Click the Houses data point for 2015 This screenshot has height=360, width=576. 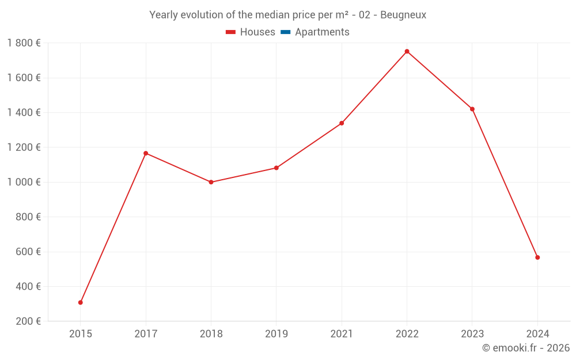pyautogui.click(x=81, y=302)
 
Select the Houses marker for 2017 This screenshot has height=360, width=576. pyautogui.click(x=146, y=153)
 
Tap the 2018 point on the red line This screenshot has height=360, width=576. pyautogui.click(x=211, y=182)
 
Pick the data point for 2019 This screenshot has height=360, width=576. pyautogui.click(x=276, y=168)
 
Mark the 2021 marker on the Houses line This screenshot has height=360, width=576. pyautogui.click(x=342, y=123)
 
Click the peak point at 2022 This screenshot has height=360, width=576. pyautogui.click(x=407, y=51)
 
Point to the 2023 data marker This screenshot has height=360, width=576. pyautogui.click(x=472, y=109)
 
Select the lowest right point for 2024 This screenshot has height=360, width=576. pyautogui.click(x=537, y=257)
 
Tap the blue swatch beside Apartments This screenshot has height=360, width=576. pyautogui.click(x=285, y=32)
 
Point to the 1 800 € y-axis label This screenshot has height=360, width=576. pyautogui.click(x=24, y=43)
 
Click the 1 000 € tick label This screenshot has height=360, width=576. pyautogui.click(x=24, y=182)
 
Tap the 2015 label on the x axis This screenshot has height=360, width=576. pyautogui.click(x=81, y=334)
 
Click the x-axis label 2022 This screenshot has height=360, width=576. pyautogui.click(x=407, y=334)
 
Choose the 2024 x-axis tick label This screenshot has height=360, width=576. pyautogui.click(x=537, y=334)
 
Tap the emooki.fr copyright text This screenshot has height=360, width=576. pyautogui.click(x=525, y=348)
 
